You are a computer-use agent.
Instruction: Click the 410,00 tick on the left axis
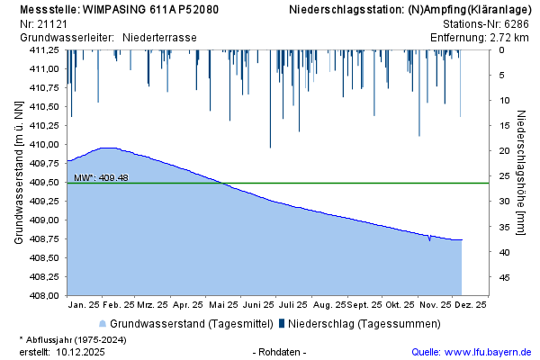click(x=44, y=144)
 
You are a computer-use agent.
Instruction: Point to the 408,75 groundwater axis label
click(x=44, y=238)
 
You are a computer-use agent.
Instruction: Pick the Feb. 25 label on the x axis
click(x=118, y=306)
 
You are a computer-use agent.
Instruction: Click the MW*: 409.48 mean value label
click(x=101, y=177)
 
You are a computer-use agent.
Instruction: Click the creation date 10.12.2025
click(x=81, y=352)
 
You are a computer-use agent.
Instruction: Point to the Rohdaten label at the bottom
click(x=281, y=352)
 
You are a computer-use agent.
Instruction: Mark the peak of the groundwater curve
click(x=108, y=148)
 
